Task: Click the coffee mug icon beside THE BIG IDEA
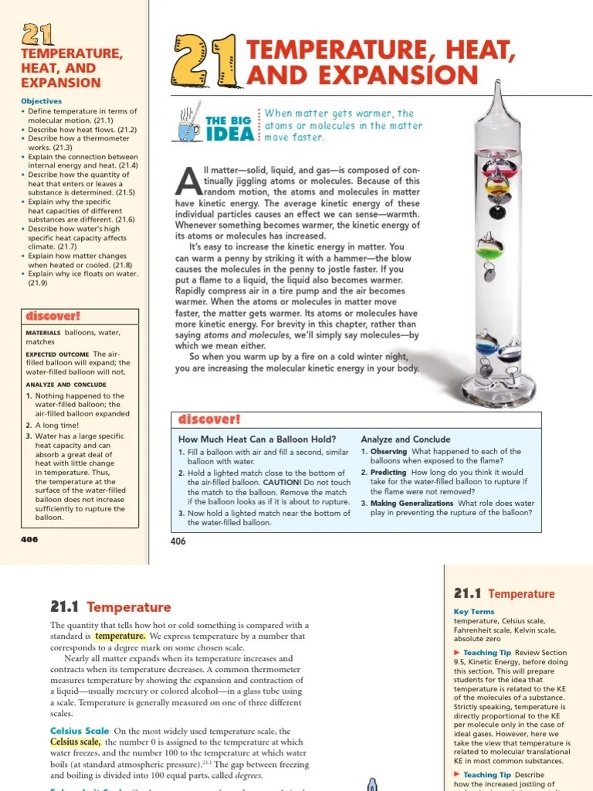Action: [189, 127]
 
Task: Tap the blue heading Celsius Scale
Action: [80, 731]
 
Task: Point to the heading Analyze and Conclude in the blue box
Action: [405, 439]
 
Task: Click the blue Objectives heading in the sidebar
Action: [42, 101]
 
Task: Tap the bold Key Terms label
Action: [473, 612]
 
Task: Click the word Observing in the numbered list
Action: [389, 451]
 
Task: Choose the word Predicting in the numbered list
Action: [388, 472]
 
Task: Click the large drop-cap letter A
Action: [188, 181]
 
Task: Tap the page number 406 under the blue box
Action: [178, 541]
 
